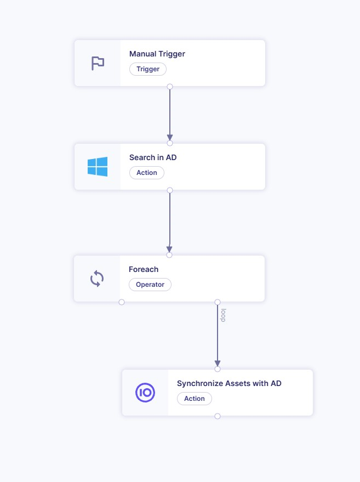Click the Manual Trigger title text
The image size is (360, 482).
(157, 54)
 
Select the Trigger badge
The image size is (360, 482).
(148, 69)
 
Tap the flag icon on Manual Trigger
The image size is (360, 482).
(98, 63)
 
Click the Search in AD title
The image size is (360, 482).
(153, 157)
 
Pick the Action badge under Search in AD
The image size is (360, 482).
(147, 173)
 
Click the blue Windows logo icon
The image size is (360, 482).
(98, 167)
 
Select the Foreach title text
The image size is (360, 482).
(144, 269)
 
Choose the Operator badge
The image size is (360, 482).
(150, 285)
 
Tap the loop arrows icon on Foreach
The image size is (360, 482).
(97, 279)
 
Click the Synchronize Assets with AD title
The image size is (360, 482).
(229, 383)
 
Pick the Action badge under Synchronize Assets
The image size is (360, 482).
(195, 399)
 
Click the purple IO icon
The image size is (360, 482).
(145, 393)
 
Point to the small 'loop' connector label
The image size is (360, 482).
(223, 314)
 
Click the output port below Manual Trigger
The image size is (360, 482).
(170, 87)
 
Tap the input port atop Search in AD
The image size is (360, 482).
(170, 143)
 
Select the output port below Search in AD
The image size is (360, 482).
(170, 190)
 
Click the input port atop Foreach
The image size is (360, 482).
(169, 255)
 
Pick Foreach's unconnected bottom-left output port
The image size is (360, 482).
(122, 302)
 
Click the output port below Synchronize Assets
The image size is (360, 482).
(218, 416)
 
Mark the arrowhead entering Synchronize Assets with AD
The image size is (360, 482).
(218, 363)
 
